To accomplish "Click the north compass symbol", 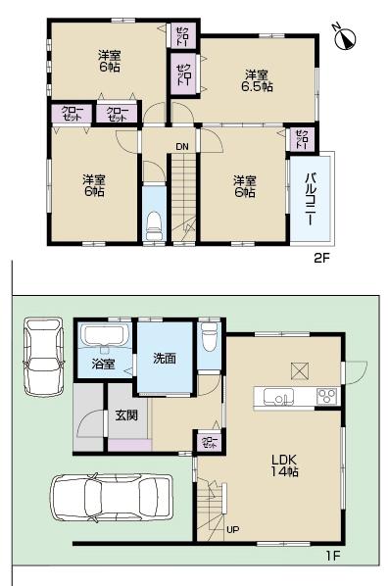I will pos(346,38).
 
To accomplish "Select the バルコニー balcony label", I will pos(309,200).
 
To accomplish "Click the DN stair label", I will pos(181,148).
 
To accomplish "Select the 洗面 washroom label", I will pos(165,359).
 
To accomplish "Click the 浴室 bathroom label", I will pos(103,365).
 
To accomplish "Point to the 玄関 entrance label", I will pos(125,415).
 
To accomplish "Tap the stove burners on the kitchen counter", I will pos(325,397).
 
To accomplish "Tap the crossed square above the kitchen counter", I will pos(299,370).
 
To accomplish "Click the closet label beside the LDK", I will pos(210,442).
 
